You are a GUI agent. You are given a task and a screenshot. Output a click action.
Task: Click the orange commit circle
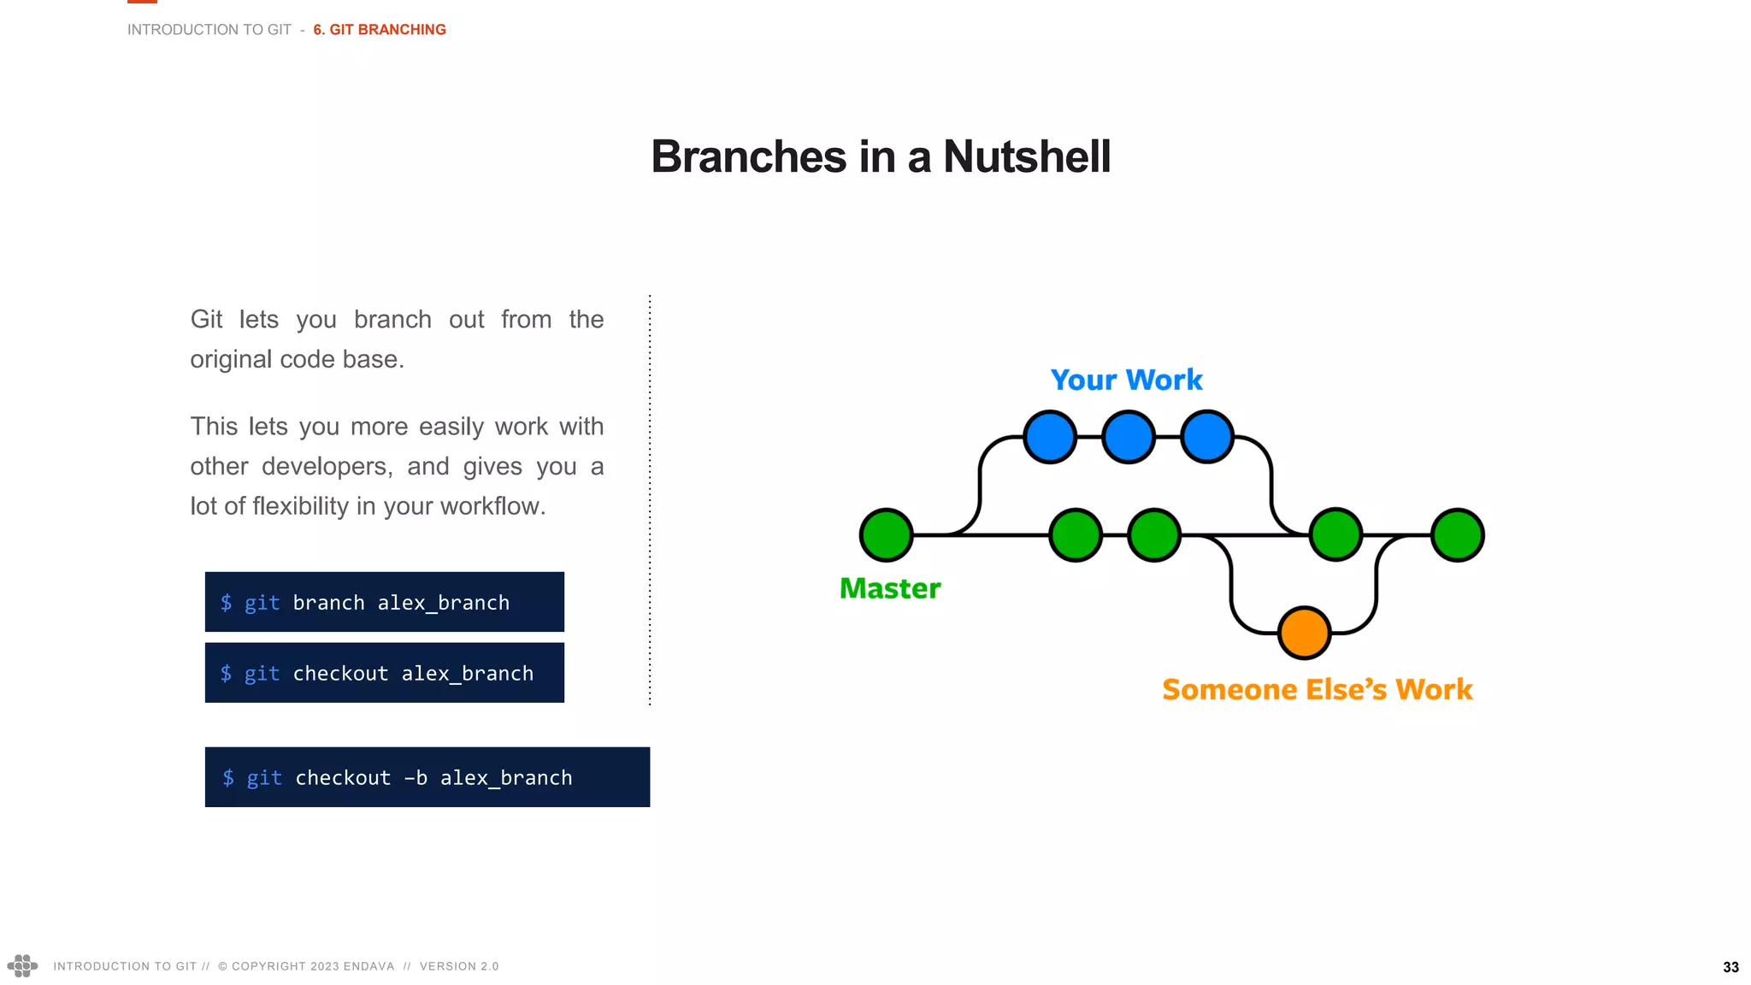point(1304,633)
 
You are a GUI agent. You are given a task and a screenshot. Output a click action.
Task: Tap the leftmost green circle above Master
point(887,535)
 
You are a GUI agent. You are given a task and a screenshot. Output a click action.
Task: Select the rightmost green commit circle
point(1458,535)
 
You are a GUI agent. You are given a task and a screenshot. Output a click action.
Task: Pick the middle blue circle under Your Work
point(1129,437)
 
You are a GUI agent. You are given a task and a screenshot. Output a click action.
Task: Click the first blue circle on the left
point(1050,437)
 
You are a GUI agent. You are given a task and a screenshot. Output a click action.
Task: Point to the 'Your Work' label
point(1126,380)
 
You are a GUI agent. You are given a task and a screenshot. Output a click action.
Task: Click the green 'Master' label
point(890,588)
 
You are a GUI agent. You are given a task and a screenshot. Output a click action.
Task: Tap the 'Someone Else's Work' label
point(1317,689)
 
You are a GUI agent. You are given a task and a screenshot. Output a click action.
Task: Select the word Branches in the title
point(748,157)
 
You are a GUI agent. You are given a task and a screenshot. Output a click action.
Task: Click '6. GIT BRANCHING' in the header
point(380,30)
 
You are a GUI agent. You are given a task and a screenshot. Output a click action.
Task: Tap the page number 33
point(1730,967)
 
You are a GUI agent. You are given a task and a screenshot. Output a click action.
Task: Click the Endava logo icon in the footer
point(22,965)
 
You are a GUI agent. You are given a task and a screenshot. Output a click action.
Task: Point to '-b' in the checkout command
point(416,778)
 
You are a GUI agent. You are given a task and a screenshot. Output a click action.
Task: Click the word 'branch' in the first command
point(328,603)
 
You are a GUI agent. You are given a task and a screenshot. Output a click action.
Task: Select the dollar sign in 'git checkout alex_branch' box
point(226,674)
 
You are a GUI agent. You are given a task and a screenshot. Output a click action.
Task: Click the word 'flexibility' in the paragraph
point(301,506)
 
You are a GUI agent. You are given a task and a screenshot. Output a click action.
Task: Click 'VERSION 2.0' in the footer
point(459,966)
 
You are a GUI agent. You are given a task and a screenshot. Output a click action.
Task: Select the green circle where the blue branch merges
point(1335,535)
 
